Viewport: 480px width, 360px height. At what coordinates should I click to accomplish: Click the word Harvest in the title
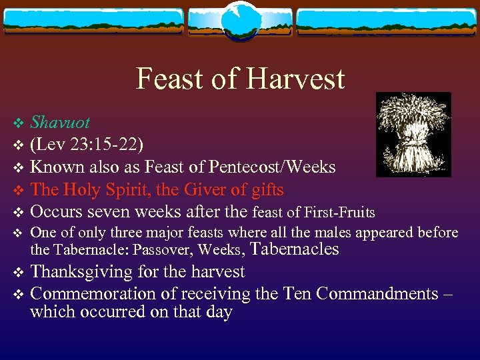297,79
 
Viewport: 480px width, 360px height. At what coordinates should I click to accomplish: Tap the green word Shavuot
60,123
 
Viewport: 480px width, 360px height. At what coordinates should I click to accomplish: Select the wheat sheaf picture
413,135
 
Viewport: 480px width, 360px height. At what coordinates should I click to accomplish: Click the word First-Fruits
340,213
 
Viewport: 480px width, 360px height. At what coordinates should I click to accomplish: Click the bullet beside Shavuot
19,123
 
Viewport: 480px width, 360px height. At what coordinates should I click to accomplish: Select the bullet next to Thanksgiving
19,273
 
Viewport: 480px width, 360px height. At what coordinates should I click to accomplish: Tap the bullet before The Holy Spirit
19,191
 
